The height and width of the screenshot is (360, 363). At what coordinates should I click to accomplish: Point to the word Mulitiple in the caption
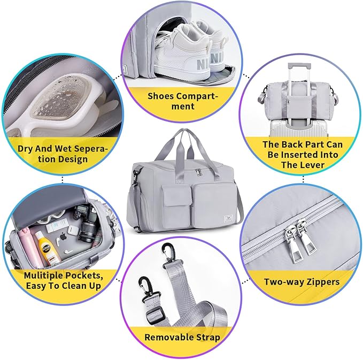coord(43,275)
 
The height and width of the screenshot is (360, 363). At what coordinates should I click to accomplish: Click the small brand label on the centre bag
coord(228,218)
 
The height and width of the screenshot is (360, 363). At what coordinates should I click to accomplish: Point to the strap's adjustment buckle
coord(155,315)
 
